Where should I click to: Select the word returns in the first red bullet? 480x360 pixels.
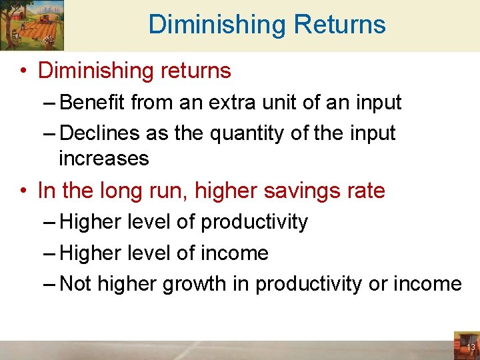tap(195, 70)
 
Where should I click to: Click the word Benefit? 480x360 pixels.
tap(93, 103)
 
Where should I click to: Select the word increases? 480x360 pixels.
tap(103, 159)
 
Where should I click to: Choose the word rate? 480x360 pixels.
tap(366, 191)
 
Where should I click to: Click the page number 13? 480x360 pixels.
tap(471, 347)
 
